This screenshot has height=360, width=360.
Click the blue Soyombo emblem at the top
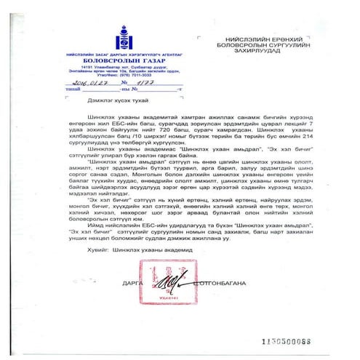(88, 37)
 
